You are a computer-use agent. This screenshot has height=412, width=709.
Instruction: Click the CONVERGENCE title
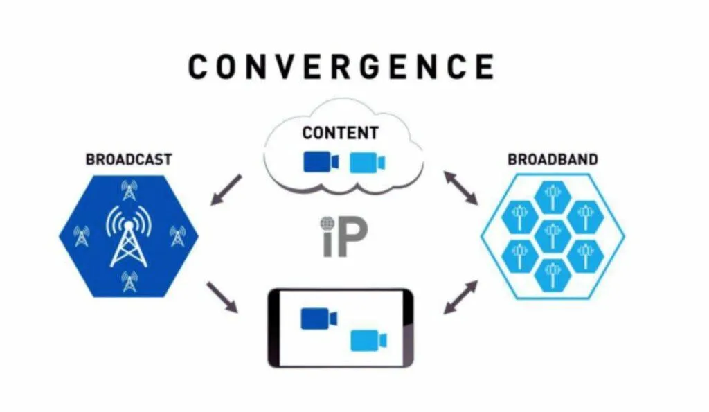[x=341, y=67]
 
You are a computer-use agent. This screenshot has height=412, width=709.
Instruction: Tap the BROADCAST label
[x=129, y=160]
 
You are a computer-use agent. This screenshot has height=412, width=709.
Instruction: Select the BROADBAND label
[x=553, y=160]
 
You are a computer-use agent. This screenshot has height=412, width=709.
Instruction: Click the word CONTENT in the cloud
[x=340, y=133]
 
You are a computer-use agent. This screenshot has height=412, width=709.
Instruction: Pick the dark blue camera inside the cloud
[x=321, y=162]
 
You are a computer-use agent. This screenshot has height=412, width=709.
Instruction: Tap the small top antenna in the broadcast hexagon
[x=129, y=189]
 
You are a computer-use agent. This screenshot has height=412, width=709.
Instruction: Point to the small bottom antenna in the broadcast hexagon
[x=129, y=281]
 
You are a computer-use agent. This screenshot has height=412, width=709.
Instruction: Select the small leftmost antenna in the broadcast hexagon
[x=82, y=236]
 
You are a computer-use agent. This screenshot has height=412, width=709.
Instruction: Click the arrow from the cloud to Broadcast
[x=226, y=190]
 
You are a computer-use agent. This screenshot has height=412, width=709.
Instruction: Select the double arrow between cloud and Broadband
[x=460, y=187]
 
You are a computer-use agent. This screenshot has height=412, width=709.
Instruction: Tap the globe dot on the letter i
[x=327, y=223]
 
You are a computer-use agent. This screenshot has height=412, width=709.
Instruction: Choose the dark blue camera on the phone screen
[x=318, y=319]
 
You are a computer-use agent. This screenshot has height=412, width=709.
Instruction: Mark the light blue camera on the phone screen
[x=368, y=341]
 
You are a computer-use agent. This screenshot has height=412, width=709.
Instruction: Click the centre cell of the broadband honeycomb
[x=552, y=236]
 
